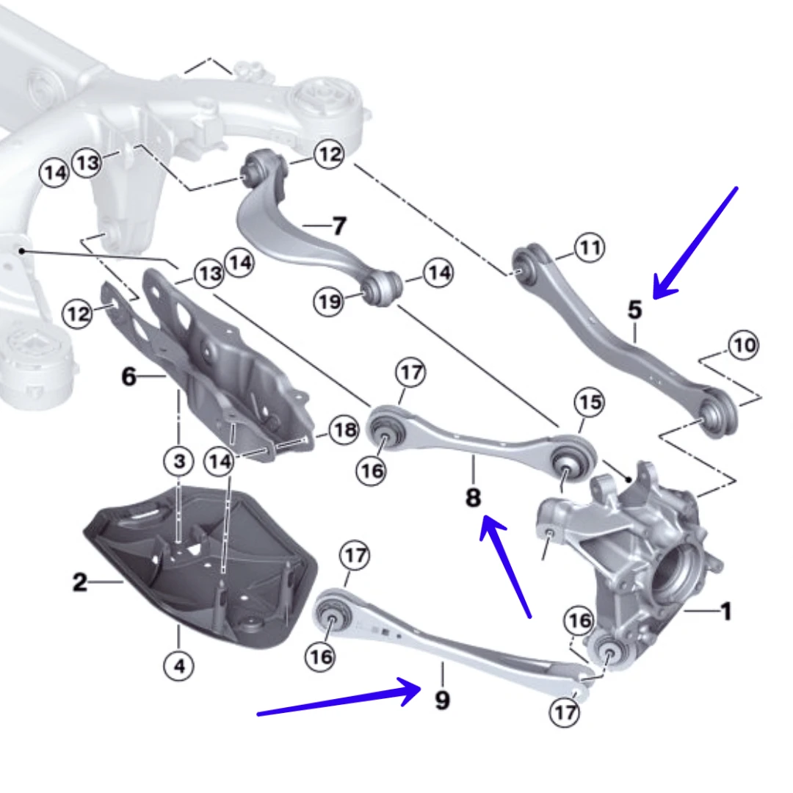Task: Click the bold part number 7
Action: click(338, 225)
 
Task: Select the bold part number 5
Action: click(635, 310)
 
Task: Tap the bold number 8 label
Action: click(474, 499)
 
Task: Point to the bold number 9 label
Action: click(442, 700)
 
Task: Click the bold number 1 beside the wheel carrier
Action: click(725, 611)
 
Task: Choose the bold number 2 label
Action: click(79, 583)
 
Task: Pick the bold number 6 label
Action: click(128, 377)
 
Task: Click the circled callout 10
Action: click(744, 344)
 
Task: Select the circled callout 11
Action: click(589, 248)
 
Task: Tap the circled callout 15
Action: click(589, 402)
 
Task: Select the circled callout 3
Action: click(179, 462)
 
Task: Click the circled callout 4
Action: click(178, 666)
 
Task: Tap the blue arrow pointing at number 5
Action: click(694, 242)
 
